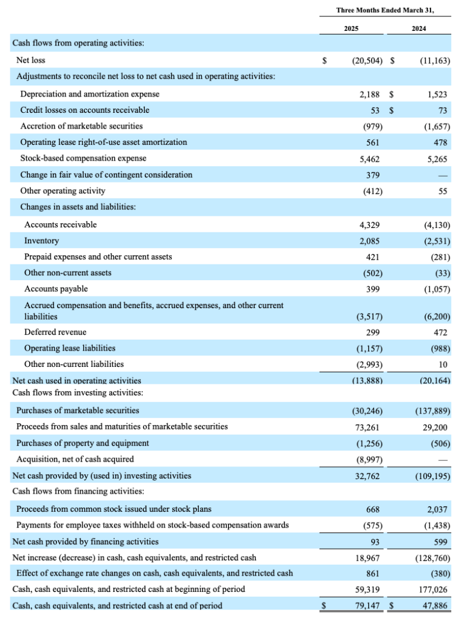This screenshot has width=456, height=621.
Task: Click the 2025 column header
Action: click(x=351, y=29)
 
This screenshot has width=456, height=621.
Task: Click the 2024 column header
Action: click(x=419, y=29)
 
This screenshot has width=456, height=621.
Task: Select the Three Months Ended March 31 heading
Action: click(x=385, y=10)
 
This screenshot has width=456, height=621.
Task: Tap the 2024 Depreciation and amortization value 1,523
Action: click(x=437, y=95)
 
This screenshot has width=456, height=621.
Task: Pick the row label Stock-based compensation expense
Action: click(x=83, y=158)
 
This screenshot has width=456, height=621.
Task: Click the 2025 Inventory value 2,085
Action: click(x=369, y=241)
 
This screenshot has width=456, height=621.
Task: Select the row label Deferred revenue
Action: click(x=55, y=332)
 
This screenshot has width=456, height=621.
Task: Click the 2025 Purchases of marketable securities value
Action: click(x=367, y=411)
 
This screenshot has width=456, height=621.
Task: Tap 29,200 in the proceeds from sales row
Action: click(x=435, y=428)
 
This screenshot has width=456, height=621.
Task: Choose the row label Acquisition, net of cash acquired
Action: click(x=75, y=459)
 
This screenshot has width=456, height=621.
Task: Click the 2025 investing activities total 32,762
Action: click(x=367, y=476)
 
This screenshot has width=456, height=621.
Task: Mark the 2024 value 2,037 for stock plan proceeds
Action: click(x=437, y=509)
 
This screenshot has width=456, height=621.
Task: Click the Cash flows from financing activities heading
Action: click(x=78, y=491)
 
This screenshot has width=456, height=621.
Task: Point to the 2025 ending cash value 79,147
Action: click(x=367, y=606)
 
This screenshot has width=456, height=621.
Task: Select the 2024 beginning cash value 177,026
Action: click(x=433, y=589)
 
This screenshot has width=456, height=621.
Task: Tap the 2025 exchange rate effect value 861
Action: click(x=372, y=574)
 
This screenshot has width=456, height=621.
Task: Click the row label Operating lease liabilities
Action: click(x=70, y=348)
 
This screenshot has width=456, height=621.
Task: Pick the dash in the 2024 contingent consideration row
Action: click(x=443, y=175)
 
